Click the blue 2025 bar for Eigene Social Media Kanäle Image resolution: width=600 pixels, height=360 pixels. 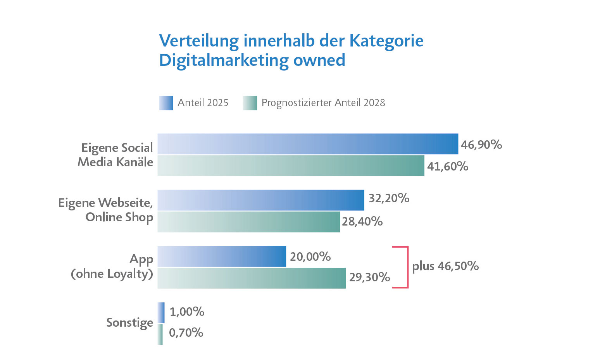point(308,144)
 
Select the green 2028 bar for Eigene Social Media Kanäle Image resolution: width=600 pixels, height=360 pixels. point(291,166)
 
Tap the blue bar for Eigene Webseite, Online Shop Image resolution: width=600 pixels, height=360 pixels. point(260,200)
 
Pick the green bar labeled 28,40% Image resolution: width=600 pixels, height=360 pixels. point(248,222)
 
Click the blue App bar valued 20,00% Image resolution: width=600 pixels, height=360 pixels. point(222,257)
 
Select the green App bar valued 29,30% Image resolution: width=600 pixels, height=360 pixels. point(251,278)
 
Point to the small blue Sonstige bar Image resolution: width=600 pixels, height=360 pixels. point(161,312)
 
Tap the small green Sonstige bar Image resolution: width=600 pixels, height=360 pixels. point(160,334)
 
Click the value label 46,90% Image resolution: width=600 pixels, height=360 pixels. point(481,145)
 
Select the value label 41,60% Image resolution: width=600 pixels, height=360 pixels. point(447,167)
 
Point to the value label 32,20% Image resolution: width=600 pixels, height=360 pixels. point(389,198)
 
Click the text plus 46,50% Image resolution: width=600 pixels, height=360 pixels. point(445,266)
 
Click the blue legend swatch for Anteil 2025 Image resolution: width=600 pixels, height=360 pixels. point(166,103)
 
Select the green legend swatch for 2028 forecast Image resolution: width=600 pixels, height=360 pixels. point(250,103)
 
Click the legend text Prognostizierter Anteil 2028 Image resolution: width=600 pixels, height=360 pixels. point(323,103)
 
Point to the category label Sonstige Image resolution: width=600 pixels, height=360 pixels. point(129,323)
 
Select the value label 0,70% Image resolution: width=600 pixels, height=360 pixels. point(186,333)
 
